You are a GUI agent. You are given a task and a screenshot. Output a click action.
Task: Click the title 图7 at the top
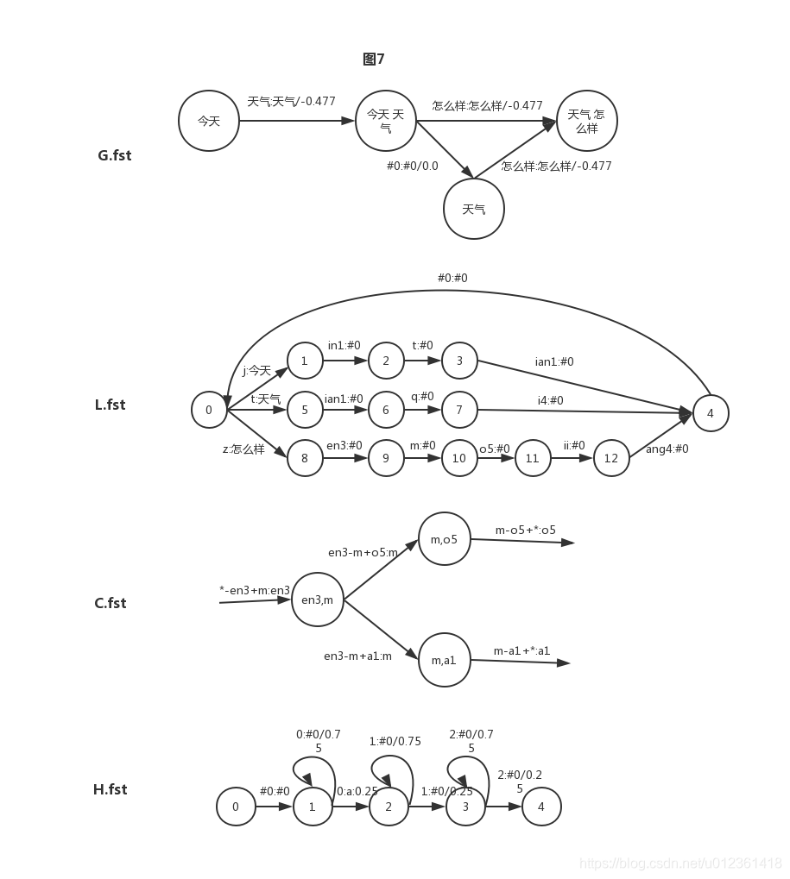374,59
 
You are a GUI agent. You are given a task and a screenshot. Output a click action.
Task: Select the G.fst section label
115,155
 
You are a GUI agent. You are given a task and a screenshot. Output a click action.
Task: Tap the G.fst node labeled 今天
209,121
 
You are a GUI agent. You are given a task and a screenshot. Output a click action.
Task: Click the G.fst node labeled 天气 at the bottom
473,209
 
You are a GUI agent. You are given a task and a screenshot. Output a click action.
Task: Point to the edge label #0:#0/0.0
413,166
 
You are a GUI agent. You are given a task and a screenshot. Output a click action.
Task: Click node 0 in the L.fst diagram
209,410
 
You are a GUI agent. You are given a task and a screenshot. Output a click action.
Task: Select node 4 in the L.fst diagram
711,413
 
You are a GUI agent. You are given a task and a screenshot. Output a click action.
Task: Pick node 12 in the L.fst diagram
611,458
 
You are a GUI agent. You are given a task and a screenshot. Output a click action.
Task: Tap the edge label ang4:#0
667,449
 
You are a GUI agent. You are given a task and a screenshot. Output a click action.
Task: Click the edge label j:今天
257,371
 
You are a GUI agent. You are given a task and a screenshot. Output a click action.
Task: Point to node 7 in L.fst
459,410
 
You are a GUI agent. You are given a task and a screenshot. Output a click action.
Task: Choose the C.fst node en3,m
318,600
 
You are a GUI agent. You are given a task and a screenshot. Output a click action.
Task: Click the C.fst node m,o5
445,539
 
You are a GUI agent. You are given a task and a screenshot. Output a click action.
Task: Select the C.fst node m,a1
445,660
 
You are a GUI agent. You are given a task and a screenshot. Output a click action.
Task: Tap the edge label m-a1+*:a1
521,651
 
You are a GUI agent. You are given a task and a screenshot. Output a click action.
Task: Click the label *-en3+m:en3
255,590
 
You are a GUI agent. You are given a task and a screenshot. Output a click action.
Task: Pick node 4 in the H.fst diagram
541,807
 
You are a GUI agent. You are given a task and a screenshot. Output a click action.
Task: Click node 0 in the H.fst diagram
236,807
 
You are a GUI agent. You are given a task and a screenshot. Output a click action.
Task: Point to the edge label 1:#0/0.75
395,741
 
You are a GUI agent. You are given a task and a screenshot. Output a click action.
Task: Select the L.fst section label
110,405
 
